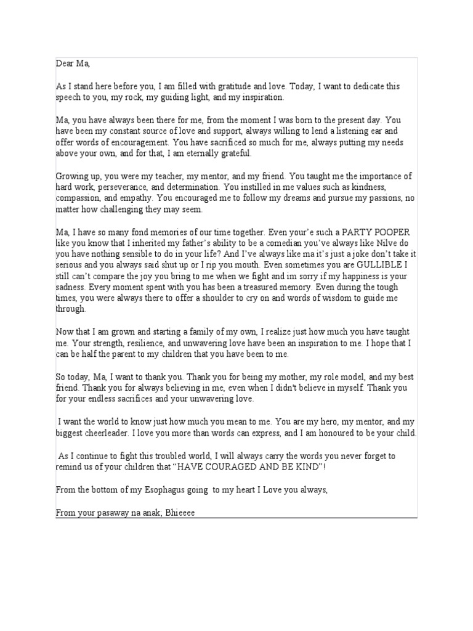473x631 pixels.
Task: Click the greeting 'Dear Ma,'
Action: pos(73,63)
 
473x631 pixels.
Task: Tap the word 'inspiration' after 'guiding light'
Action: pos(264,97)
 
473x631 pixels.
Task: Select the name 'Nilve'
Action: pos(369,243)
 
